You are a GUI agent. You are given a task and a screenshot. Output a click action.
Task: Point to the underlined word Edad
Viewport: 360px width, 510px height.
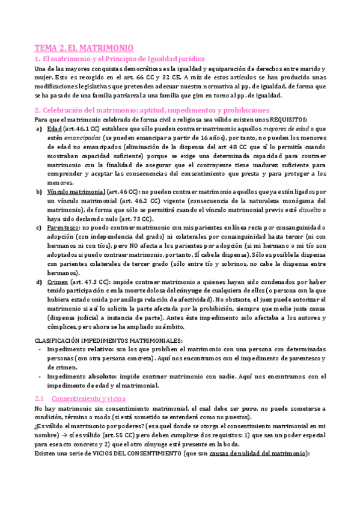(x=53, y=128)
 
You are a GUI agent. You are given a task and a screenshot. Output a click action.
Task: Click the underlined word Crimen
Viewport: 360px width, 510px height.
(x=55, y=281)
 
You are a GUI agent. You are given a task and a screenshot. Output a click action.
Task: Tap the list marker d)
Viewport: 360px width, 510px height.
(x=39, y=281)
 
